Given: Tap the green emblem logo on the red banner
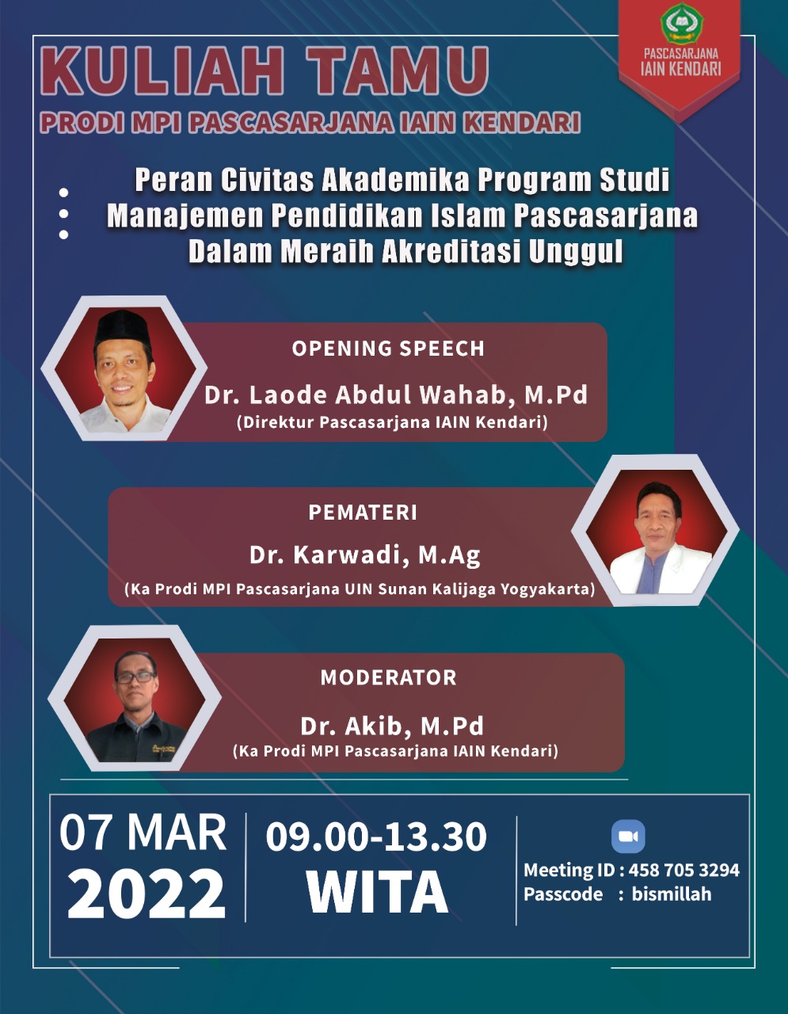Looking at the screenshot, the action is pyautogui.click(x=681, y=23).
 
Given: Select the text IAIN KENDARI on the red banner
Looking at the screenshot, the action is pyautogui.click(x=681, y=69).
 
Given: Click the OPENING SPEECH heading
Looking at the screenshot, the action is pyautogui.click(x=388, y=349).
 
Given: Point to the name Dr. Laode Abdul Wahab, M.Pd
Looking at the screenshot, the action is pyautogui.click(x=396, y=395).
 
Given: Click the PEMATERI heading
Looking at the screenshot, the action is pyautogui.click(x=363, y=513).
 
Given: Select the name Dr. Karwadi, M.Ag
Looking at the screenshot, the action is pyautogui.click(x=364, y=555).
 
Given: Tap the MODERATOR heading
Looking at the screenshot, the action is pyautogui.click(x=388, y=677).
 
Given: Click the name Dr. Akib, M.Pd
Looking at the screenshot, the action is pyautogui.click(x=392, y=726).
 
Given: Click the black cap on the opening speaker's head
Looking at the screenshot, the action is pyautogui.click(x=123, y=328).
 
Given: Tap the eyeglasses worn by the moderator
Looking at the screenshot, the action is pyautogui.click(x=135, y=677).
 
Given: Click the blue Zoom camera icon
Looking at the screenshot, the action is pyautogui.click(x=628, y=837).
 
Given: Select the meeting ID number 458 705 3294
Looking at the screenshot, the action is pyautogui.click(x=684, y=870).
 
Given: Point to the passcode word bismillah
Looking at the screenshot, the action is pyautogui.click(x=672, y=894).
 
